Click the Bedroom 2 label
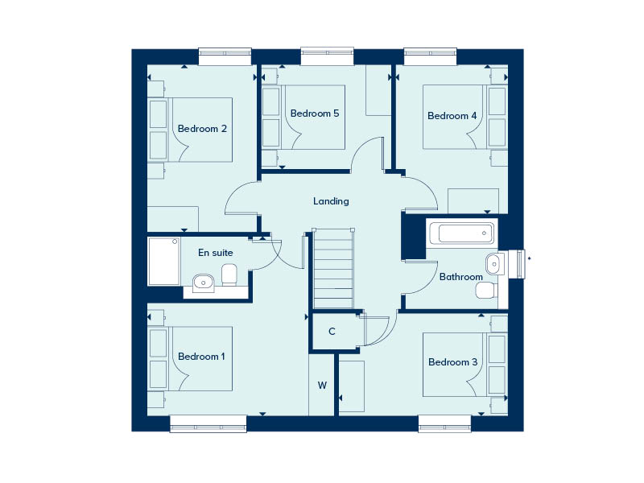(202, 129)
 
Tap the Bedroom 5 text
(315, 113)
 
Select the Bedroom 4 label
(452, 116)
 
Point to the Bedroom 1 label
(201, 356)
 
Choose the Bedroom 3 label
(452, 361)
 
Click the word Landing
(331, 201)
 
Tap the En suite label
(215, 253)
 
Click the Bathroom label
(460, 277)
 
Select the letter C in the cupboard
(332, 331)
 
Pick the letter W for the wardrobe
(323, 386)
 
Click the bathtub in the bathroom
(461, 233)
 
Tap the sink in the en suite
(204, 283)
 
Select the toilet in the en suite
(229, 275)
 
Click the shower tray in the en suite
(164, 261)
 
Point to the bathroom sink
(495, 264)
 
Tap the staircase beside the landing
(333, 268)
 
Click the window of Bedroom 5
(327, 56)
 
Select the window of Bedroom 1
(208, 424)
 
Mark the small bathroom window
(517, 264)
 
